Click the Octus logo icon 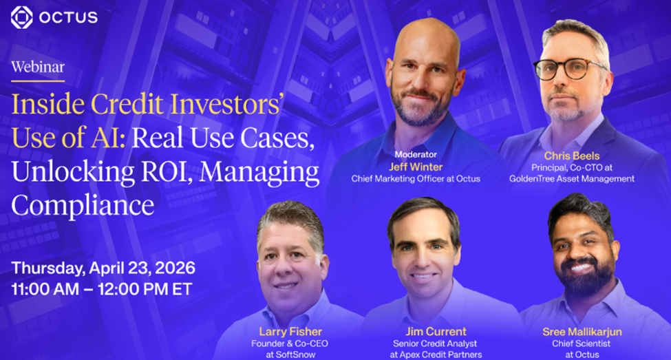click(x=21, y=17)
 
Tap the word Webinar click(x=38, y=67)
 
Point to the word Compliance click(x=83, y=206)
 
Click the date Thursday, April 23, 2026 click(x=103, y=268)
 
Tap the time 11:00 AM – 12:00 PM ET click(x=102, y=289)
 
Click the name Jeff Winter click(x=416, y=167)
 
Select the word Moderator click(x=416, y=154)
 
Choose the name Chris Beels click(x=572, y=156)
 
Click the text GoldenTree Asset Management click(x=572, y=179)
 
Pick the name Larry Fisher click(x=290, y=332)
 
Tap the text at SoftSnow click(x=290, y=355)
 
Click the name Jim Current click(x=436, y=332)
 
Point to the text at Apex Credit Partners click(x=436, y=355)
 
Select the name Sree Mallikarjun click(x=582, y=332)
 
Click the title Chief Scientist click(x=581, y=343)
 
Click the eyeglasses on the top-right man click(x=569, y=69)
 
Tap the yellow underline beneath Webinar click(x=38, y=81)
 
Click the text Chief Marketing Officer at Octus click(x=416, y=179)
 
